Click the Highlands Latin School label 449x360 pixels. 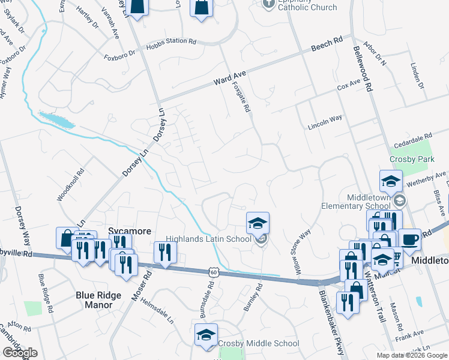click(208, 239)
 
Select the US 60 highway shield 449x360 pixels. click(213, 272)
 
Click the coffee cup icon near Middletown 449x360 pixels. click(409, 239)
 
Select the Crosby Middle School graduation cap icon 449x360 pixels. click(206, 335)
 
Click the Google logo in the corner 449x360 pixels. click(20, 353)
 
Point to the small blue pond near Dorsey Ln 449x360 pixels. click(56, 119)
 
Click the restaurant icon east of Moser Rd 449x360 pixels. click(163, 252)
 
